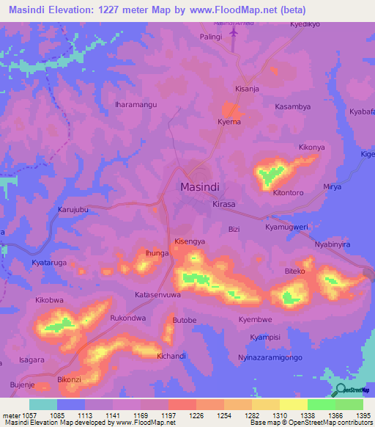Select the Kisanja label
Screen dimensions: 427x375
[x=247, y=90]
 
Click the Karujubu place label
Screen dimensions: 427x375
[x=73, y=210]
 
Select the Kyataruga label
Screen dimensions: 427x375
[x=51, y=262]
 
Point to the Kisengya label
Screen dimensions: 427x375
[x=190, y=241]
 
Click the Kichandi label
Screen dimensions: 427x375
[x=171, y=356]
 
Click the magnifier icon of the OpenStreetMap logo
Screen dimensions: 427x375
[x=340, y=390]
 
